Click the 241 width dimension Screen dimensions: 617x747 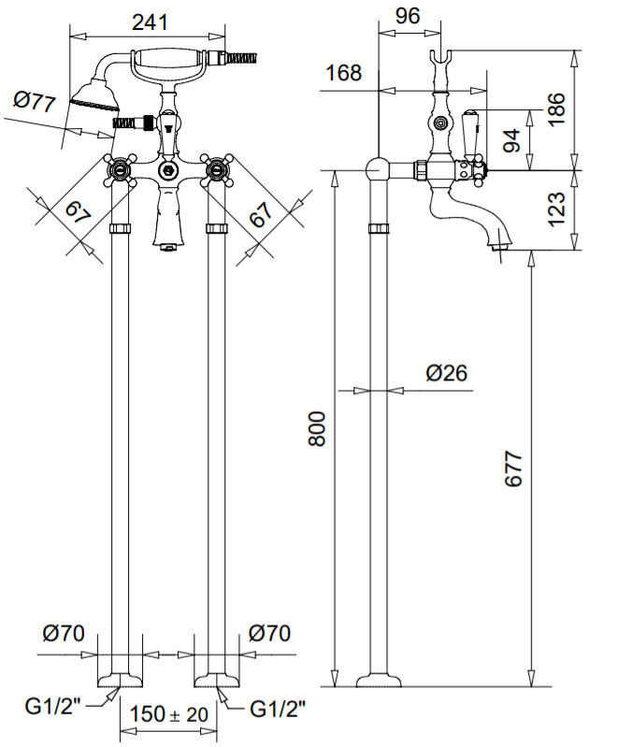click(150, 22)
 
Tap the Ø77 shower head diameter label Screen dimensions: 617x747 click(35, 102)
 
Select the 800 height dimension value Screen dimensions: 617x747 click(317, 429)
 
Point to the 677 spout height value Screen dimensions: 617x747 click(513, 468)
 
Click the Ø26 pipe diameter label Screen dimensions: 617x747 click(447, 372)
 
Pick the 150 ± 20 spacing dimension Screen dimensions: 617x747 click(169, 713)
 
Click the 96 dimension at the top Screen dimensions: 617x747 click(408, 16)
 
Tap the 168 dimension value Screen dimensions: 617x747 click(344, 73)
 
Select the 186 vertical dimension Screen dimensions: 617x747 click(556, 109)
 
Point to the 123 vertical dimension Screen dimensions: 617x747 click(556, 209)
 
